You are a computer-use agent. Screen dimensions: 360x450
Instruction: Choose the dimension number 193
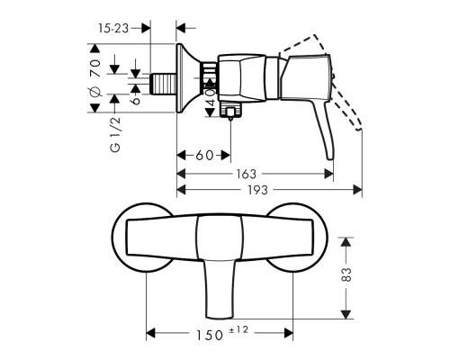[x=260, y=192]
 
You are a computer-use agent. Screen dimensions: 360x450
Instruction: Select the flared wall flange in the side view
[x=185, y=80]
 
